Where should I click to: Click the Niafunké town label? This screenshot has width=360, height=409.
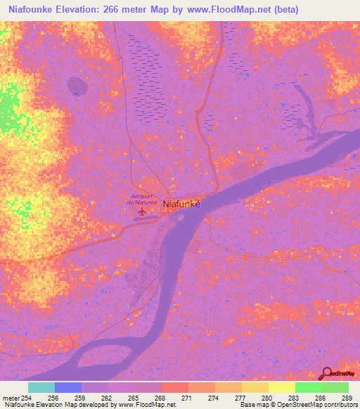(x=182, y=204)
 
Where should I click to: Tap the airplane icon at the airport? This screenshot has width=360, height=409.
(x=143, y=211)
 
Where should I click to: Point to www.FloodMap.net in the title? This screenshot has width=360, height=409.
(x=234, y=10)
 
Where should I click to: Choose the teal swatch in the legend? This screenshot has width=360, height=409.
(x=41, y=387)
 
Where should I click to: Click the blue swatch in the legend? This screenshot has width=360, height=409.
(x=68, y=387)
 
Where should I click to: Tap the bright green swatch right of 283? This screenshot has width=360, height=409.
(x=308, y=387)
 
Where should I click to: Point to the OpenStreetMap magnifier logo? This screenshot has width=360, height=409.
(x=326, y=372)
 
